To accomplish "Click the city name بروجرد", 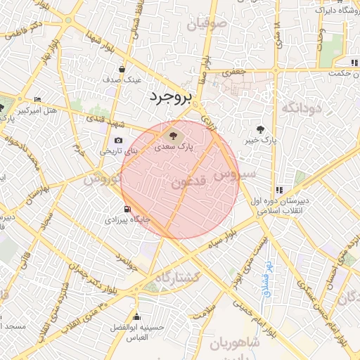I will [x=170, y=97].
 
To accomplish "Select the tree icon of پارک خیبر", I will [x=262, y=129].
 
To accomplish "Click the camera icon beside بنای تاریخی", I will [x=117, y=141].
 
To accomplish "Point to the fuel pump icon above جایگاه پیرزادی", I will [x=127, y=208].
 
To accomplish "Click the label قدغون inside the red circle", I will [x=188, y=181].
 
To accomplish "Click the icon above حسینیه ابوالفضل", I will [x=136, y=316].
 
